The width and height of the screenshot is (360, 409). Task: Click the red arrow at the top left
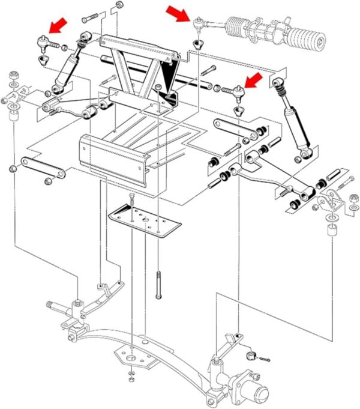58,25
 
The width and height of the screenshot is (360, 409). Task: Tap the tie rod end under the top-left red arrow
44,42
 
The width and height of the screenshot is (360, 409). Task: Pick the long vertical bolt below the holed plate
158,286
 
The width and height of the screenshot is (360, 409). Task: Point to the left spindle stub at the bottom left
57,306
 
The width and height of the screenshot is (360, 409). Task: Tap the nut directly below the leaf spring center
131,380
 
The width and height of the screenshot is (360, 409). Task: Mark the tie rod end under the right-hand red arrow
236,91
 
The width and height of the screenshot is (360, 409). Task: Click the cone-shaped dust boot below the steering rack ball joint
198,43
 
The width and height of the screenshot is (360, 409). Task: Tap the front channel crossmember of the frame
114,157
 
